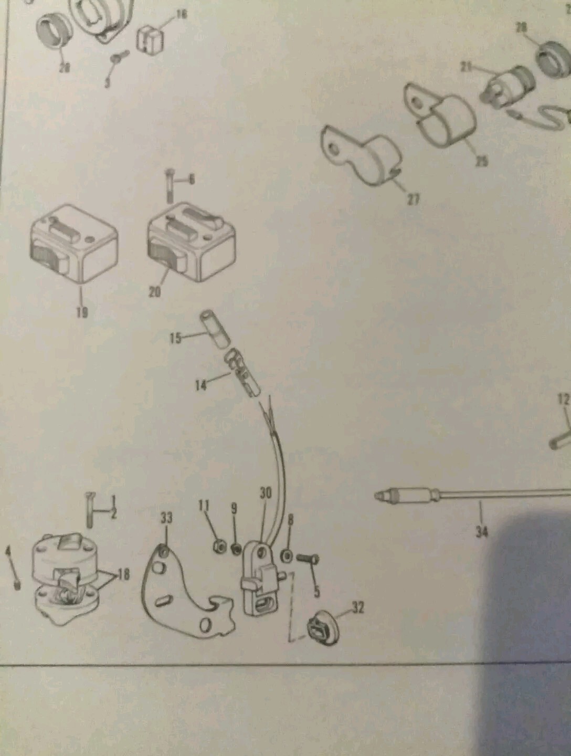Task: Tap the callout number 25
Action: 481,161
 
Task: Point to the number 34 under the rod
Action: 481,532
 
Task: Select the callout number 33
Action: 166,518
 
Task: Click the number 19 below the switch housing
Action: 81,312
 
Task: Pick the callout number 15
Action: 175,338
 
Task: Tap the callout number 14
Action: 200,385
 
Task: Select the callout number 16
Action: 181,14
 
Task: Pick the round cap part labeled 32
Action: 320,629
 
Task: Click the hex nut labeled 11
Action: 219,547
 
